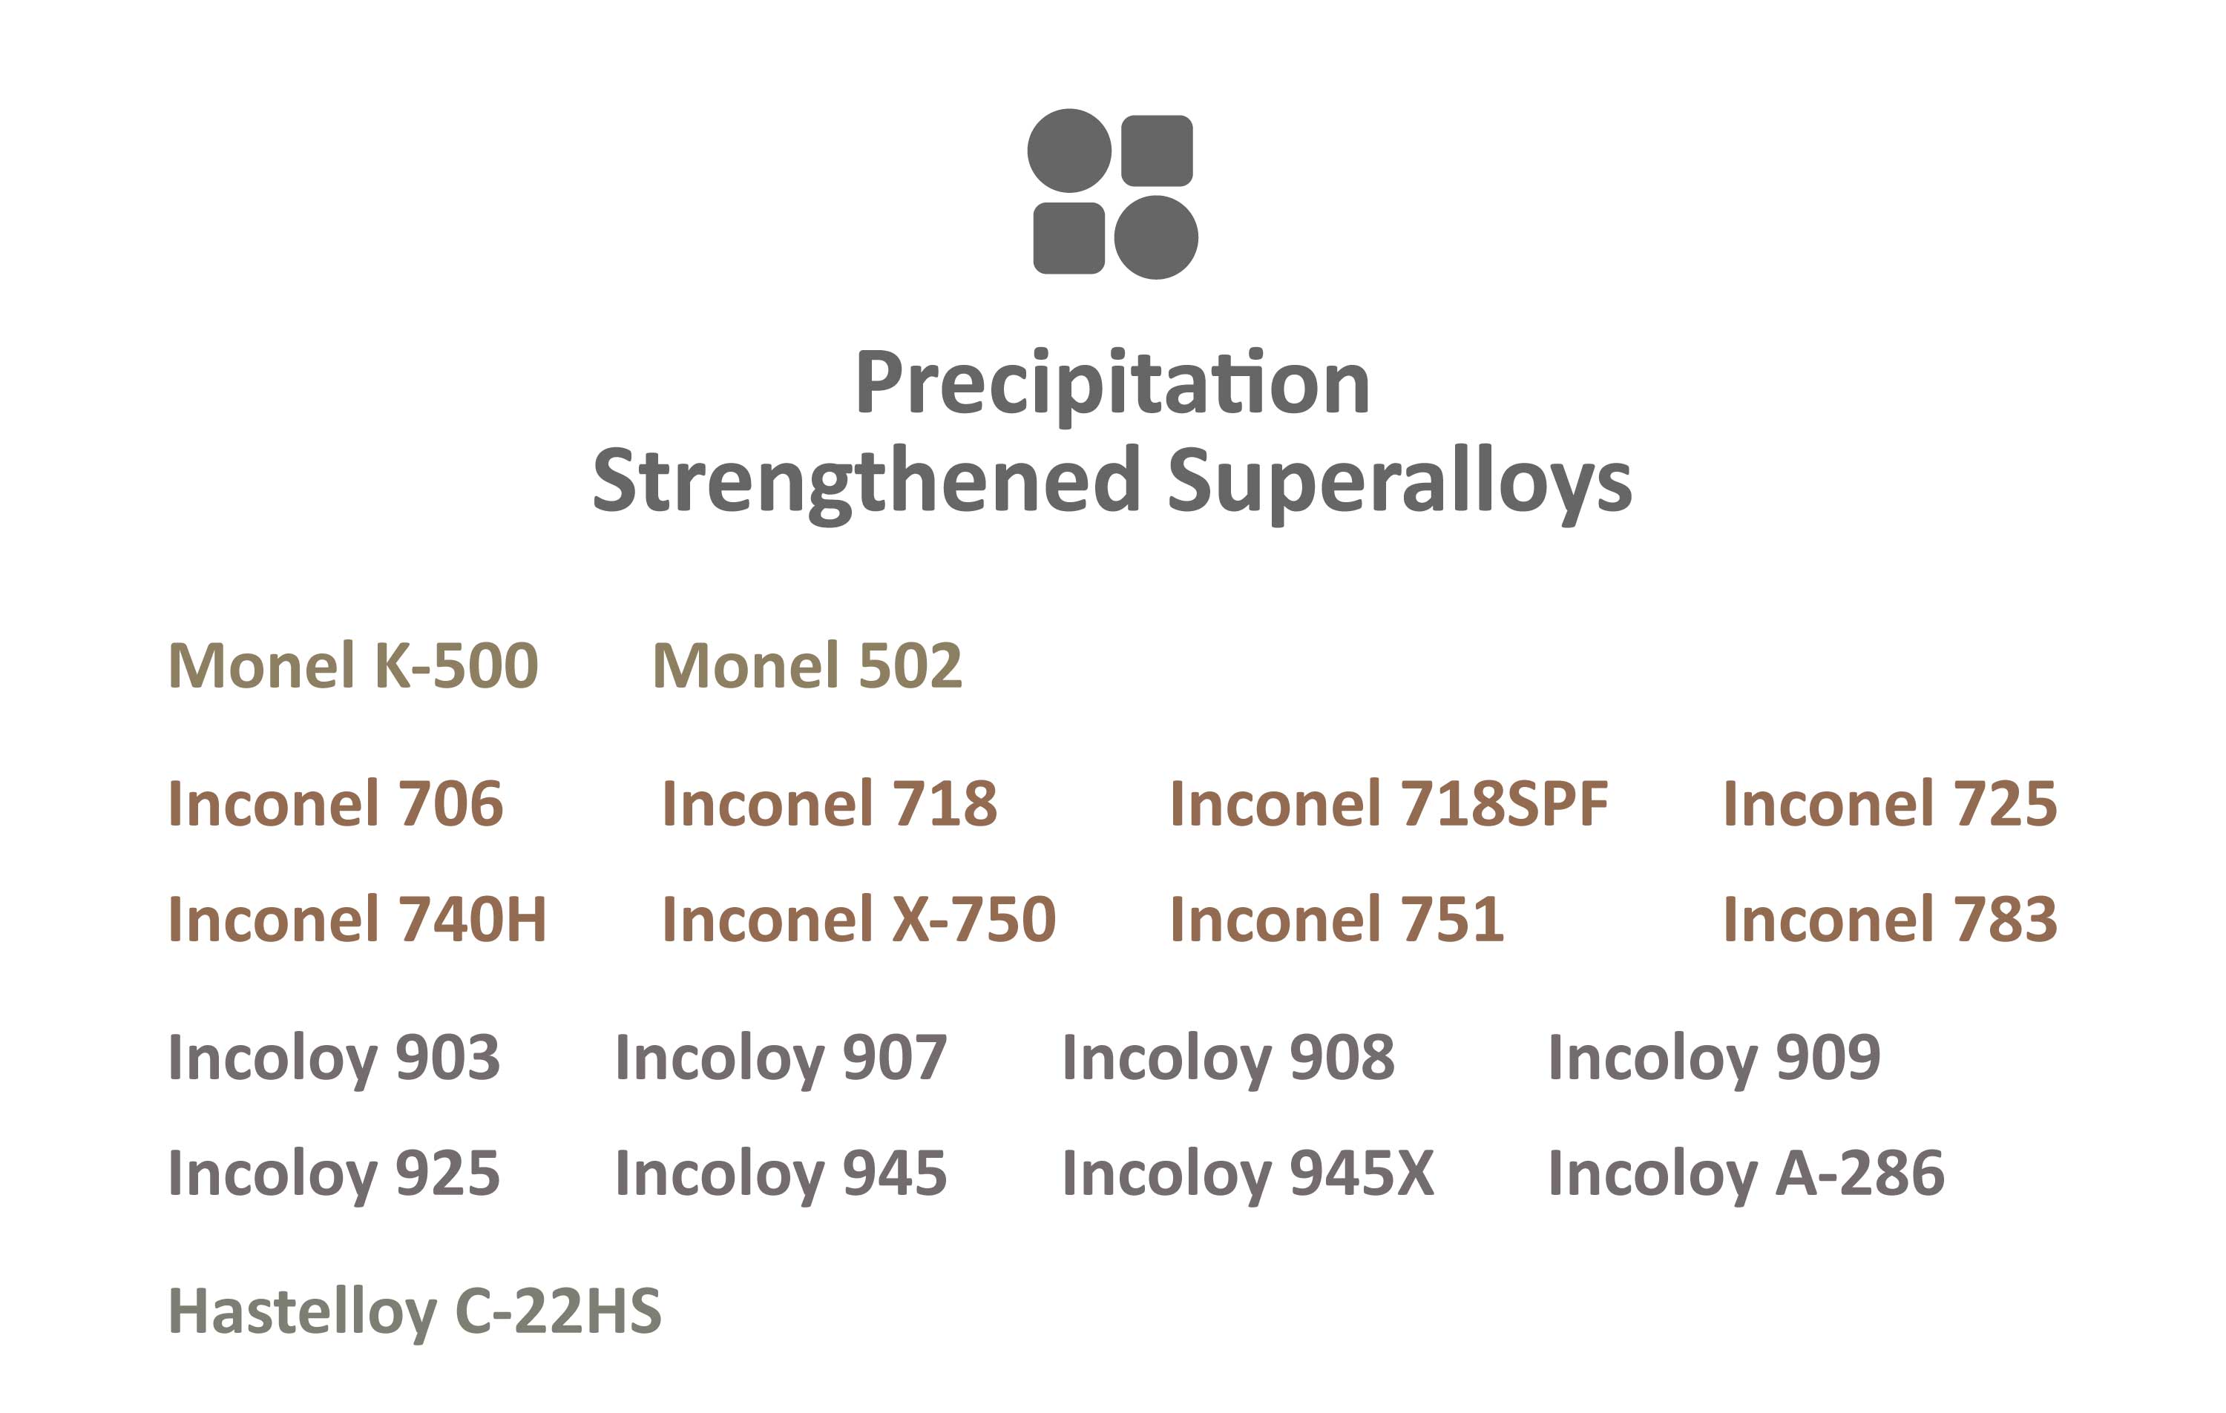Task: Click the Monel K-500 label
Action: [x=353, y=665]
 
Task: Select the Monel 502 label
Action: [x=807, y=665]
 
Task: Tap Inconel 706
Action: [x=335, y=803]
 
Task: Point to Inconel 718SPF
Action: [x=1388, y=803]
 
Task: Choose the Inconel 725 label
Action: [x=1890, y=803]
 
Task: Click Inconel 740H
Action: [x=357, y=920]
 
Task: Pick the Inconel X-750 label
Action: [x=858, y=920]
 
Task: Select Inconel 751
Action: [x=1336, y=920]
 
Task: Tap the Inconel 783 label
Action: [x=1890, y=920]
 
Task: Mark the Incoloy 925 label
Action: [x=334, y=1173]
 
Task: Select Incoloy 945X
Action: [x=1248, y=1173]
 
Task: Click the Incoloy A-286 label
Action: [x=1746, y=1173]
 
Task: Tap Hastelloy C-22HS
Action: [x=414, y=1311]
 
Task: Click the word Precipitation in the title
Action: [x=1112, y=383]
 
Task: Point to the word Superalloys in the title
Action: [x=1399, y=481]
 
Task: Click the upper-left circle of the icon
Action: [x=1068, y=151]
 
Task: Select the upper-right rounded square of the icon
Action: [x=1157, y=151]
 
